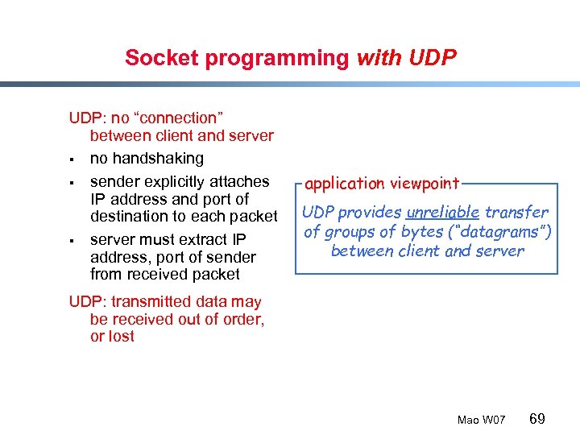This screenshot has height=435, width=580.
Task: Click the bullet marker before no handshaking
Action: (x=72, y=159)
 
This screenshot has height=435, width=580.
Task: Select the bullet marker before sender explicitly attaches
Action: (x=72, y=182)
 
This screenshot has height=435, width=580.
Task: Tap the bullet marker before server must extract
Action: (x=72, y=240)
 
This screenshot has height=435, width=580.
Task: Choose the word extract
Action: (x=204, y=239)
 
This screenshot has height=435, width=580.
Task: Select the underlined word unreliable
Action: (x=443, y=213)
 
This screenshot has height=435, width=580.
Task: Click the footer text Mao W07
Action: (x=481, y=420)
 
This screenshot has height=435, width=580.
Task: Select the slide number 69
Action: (x=537, y=418)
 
